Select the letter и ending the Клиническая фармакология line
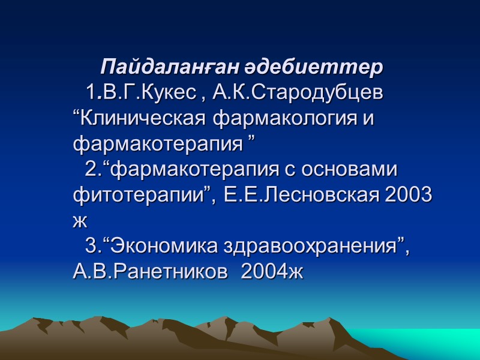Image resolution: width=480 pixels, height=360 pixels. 368,119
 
